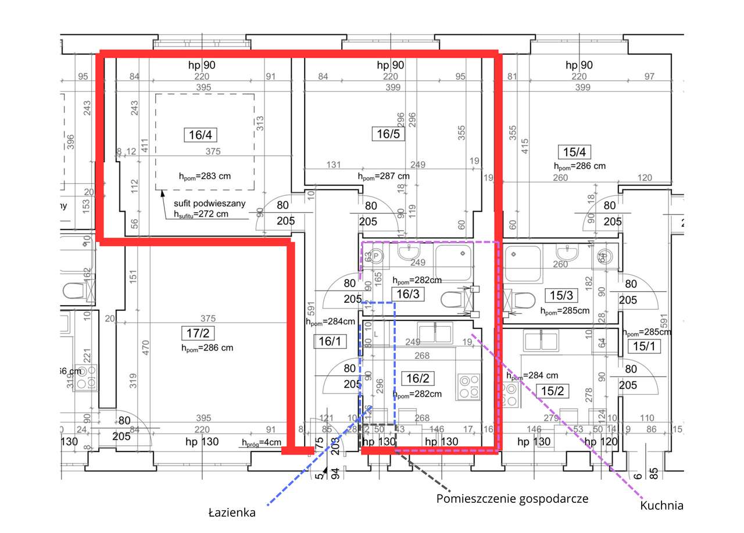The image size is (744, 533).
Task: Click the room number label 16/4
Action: coord(201,135)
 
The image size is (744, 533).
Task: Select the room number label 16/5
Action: coord(388,134)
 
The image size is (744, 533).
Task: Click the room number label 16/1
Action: coord(330,341)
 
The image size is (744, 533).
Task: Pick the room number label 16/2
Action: coord(417,379)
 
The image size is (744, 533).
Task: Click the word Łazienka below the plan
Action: coord(232,513)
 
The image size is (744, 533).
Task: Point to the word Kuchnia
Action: coord(661,506)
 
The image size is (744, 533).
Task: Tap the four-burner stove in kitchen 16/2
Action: coord(468,387)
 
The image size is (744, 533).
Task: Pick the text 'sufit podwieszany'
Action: coord(210,203)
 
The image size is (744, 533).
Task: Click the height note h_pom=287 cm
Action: coord(384,176)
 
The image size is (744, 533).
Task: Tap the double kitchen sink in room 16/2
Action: coord(435,333)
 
